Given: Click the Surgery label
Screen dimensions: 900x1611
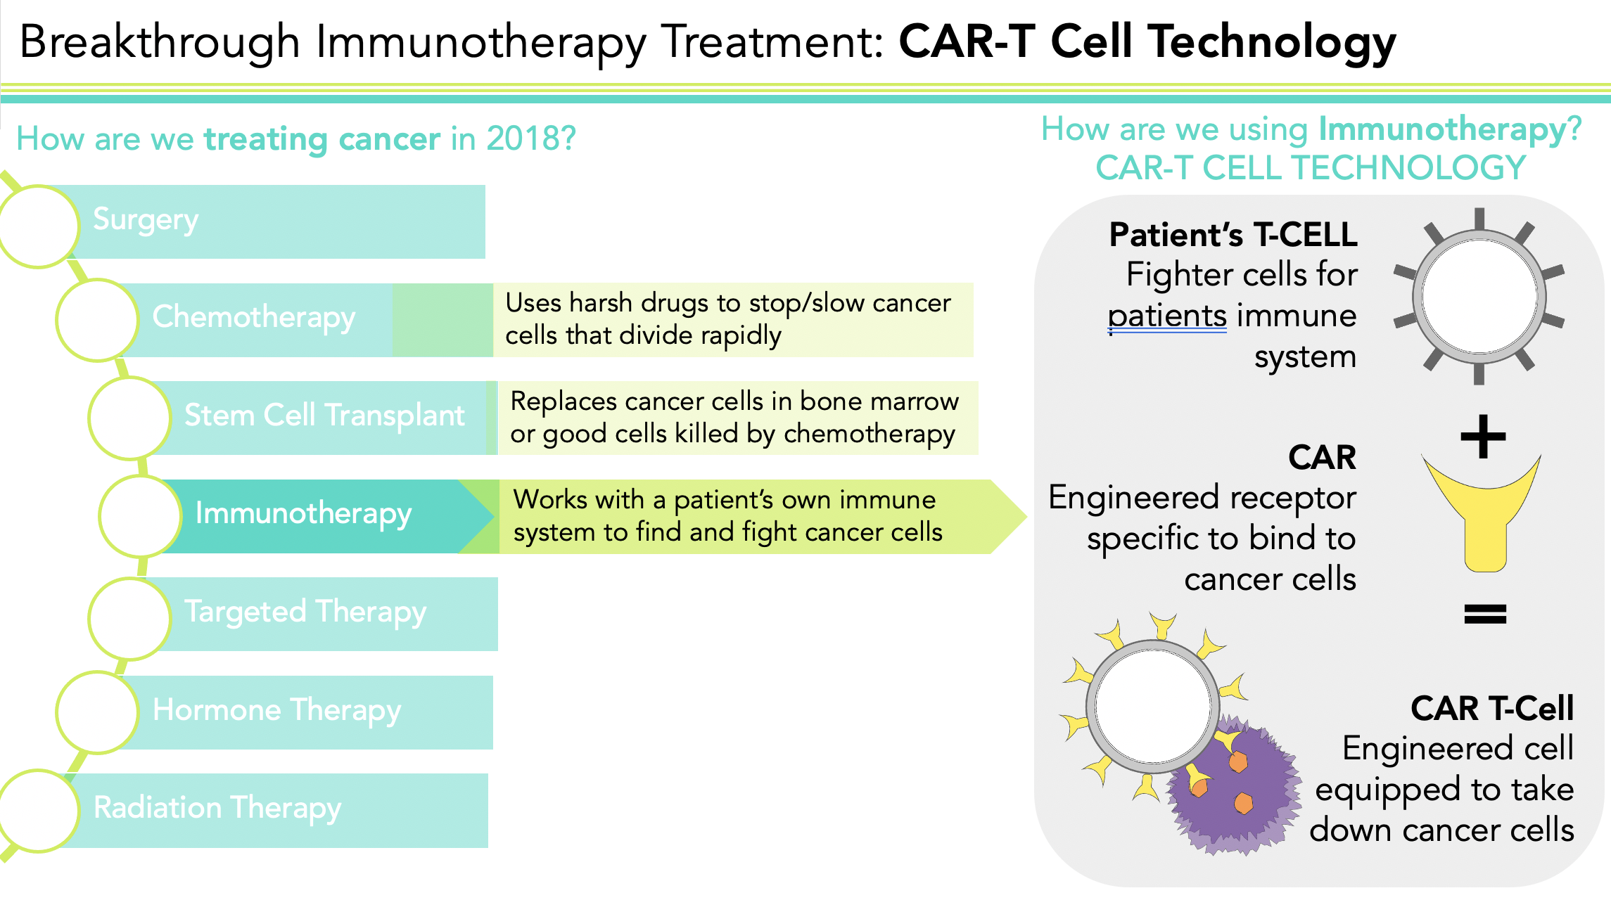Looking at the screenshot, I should pyautogui.click(x=146, y=220).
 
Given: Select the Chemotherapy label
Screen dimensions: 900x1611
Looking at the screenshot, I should pyautogui.click(x=253, y=318).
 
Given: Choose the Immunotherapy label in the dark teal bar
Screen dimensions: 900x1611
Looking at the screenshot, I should pyautogui.click(x=303, y=514).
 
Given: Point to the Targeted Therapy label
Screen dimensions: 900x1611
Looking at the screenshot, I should pyautogui.click(x=305, y=612).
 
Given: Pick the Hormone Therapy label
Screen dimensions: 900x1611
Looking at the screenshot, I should pyautogui.click(x=276, y=711).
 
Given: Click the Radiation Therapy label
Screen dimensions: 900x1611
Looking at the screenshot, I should pyautogui.click(x=217, y=809).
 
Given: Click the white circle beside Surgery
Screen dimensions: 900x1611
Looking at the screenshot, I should pyautogui.click(x=39, y=226).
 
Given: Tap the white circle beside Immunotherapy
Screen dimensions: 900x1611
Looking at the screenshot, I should pyautogui.click(x=141, y=515).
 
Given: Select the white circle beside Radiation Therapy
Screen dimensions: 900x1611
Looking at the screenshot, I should pyautogui.click(x=39, y=810).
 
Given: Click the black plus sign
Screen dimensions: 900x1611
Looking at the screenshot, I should pyautogui.click(x=1483, y=437).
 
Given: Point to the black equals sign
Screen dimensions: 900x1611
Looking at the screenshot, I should pyautogui.click(x=1485, y=614).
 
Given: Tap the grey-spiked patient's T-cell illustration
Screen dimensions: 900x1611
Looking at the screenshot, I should pyautogui.click(x=1479, y=297).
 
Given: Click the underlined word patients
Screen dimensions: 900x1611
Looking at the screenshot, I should pyautogui.click(x=1167, y=316).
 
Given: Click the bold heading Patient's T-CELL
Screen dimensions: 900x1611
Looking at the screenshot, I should pyautogui.click(x=1233, y=235).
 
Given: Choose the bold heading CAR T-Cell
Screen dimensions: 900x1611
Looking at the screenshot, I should pyautogui.click(x=1491, y=708).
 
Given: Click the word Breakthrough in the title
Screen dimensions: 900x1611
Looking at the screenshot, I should pyautogui.click(x=160, y=41).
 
